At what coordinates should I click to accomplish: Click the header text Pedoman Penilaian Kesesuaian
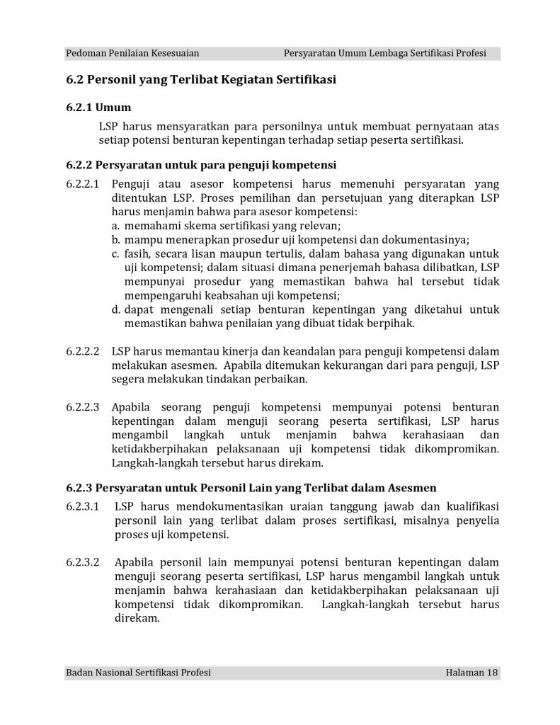click(x=132, y=53)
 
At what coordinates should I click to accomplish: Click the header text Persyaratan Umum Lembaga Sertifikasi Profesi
click(x=384, y=53)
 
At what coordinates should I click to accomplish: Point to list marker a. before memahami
click(x=116, y=226)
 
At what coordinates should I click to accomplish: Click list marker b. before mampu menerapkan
click(x=116, y=239)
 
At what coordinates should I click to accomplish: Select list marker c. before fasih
click(x=116, y=253)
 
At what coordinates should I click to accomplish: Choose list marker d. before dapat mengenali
click(x=116, y=309)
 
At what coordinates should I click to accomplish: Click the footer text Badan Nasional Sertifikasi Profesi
click(x=138, y=672)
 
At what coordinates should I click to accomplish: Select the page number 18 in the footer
click(x=493, y=672)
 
